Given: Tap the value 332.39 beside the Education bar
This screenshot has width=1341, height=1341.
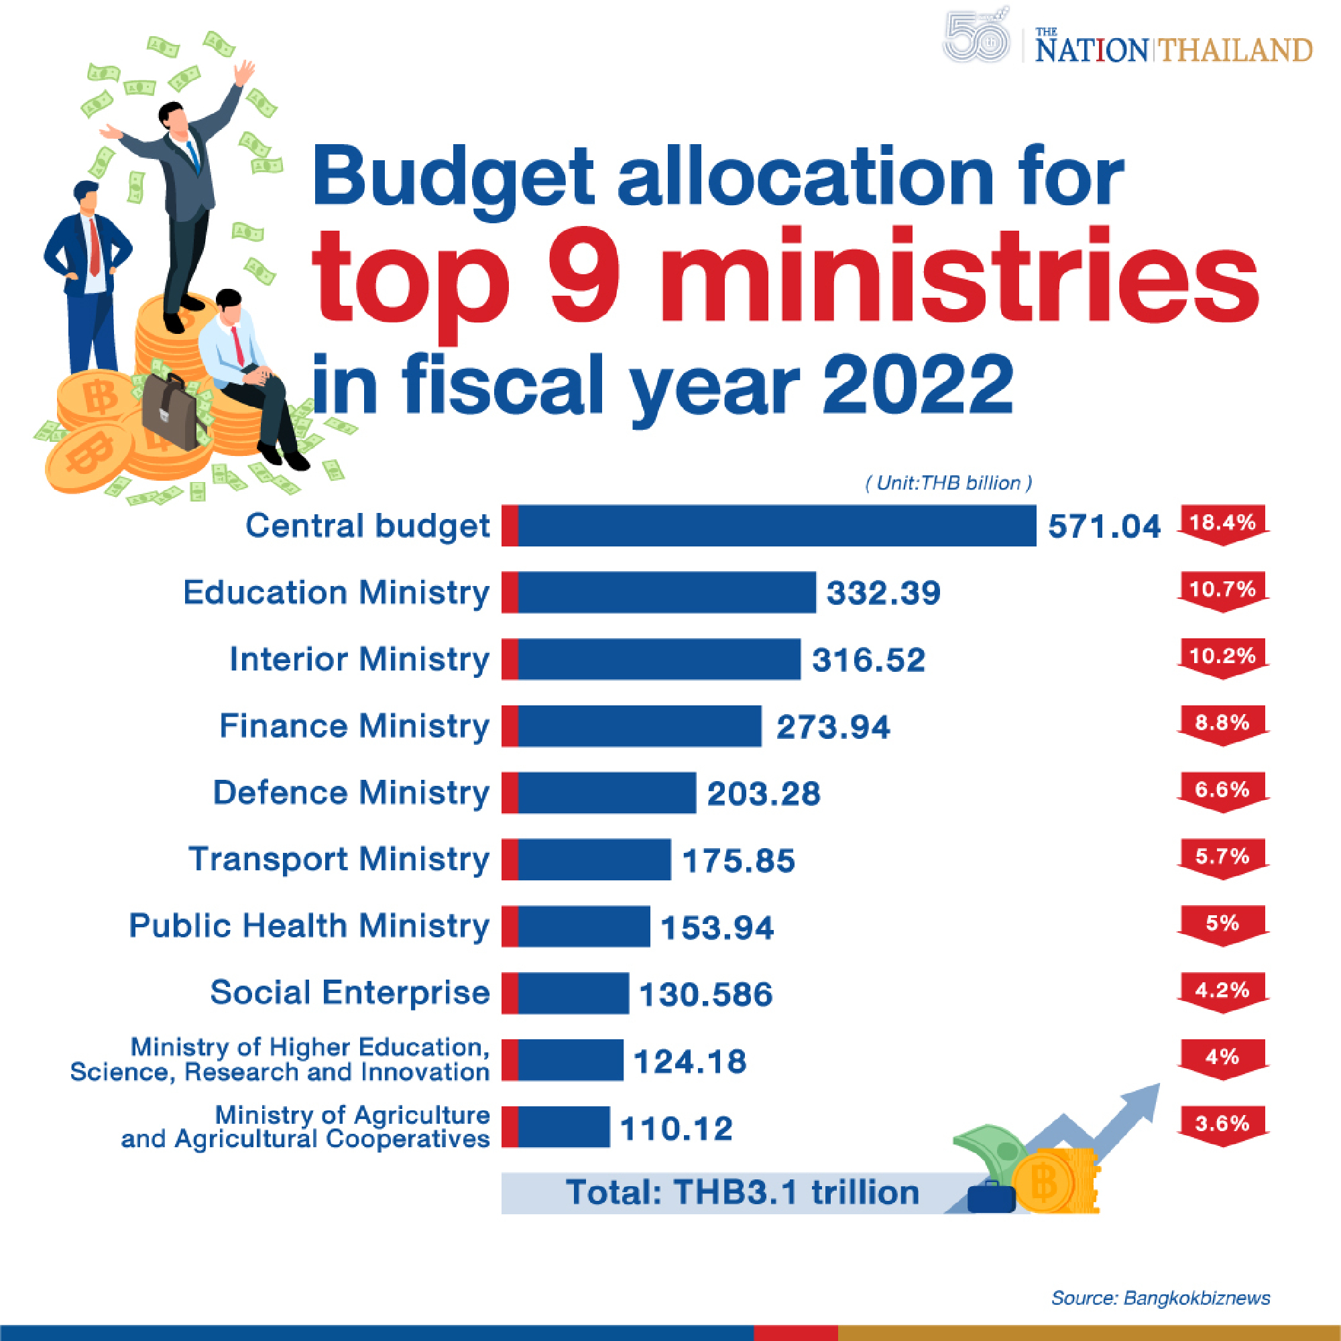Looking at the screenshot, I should click(x=883, y=593).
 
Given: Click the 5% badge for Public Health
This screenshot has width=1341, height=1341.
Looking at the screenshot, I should click(x=1222, y=923).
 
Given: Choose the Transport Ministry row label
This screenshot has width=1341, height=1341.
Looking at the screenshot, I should click(x=339, y=860).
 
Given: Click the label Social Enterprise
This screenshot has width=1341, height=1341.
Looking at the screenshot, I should click(x=350, y=992).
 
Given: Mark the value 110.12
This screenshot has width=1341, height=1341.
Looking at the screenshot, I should click(x=676, y=1128).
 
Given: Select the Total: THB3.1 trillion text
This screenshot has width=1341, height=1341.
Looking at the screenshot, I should click(x=742, y=1192).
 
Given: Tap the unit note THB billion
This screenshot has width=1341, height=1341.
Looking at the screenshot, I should click(x=948, y=483).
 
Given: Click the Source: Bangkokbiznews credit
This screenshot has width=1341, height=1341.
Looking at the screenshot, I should click(x=1160, y=1298).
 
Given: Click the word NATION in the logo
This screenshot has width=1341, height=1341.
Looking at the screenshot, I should click(x=1091, y=51).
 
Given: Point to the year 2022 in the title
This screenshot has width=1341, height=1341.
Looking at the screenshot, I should click(x=918, y=384).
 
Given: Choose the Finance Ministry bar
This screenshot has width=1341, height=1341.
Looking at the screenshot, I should click(x=638, y=726).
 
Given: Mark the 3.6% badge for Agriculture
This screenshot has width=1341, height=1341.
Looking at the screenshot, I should click(x=1222, y=1123).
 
